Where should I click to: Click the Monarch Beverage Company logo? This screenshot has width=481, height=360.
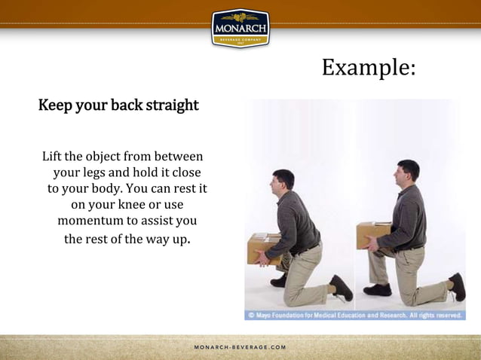click(x=240, y=29)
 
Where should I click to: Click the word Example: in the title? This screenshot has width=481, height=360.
click(x=368, y=67)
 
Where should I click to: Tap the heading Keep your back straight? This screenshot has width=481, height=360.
click(x=118, y=105)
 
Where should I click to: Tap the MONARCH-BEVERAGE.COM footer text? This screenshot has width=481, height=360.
click(x=240, y=347)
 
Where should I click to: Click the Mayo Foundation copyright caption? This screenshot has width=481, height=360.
click(x=354, y=315)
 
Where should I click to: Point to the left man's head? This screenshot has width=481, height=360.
click(x=283, y=181)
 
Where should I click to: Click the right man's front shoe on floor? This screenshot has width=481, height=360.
click(x=377, y=290)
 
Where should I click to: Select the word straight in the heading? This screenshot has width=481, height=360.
click(x=173, y=105)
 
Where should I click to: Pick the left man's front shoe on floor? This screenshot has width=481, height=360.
click(x=279, y=280)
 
